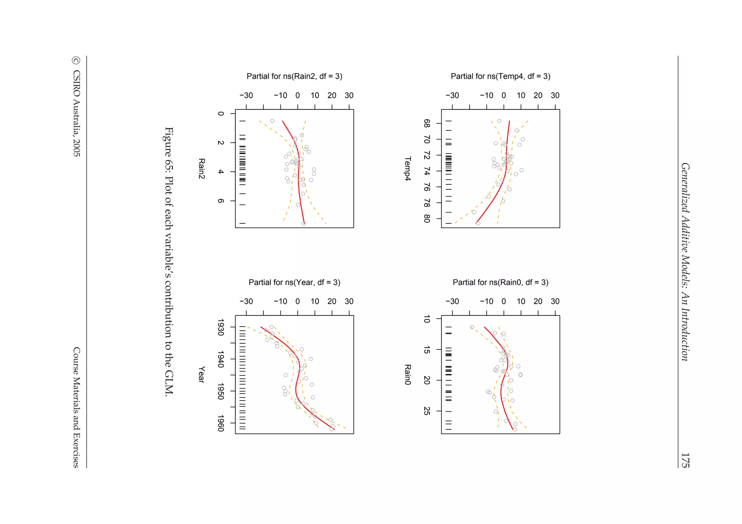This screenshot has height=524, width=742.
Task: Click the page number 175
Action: (x=685, y=460)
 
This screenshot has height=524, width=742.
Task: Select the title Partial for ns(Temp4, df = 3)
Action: (x=500, y=76)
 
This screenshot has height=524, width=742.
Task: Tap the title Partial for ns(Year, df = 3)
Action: (x=294, y=282)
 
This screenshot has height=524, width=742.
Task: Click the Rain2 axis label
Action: (x=201, y=169)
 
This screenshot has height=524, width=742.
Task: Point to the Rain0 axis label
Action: (x=408, y=375)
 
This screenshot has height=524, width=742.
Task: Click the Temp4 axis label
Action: (x=408, y=169)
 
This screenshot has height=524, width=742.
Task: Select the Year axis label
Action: (x=201, y=375)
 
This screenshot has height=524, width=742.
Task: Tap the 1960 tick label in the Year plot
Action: (x=220, y=423)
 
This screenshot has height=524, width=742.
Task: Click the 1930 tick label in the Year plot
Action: (x=220, y=327)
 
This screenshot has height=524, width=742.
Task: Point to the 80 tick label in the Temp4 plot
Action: (x=427, y=219)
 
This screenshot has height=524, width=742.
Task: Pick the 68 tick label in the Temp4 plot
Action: (x=427, y=123)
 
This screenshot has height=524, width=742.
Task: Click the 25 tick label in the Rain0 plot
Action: (x=427, y=411)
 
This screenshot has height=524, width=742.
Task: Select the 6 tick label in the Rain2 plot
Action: (x=220, y=201)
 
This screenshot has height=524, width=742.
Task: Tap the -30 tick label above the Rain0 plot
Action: (x=452, y=302)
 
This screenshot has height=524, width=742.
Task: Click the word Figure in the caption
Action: (x=169, y=140)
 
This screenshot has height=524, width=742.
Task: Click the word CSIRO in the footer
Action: (x=76, y=84)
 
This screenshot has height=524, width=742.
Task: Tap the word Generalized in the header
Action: (x=685, y=188)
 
